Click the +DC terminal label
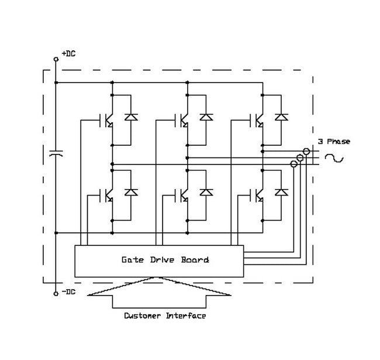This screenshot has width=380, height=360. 69,54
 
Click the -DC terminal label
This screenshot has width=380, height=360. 69,292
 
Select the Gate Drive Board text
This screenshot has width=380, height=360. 165,259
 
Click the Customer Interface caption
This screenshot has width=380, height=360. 165,316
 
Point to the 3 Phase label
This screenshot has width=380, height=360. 334,142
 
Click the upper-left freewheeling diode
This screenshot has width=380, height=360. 130,117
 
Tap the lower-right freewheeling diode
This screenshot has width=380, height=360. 282,191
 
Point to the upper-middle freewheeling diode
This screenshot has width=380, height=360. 206,117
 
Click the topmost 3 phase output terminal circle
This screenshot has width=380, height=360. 306,151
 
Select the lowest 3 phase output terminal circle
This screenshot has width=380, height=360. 294,164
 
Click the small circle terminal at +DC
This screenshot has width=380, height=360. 56,59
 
